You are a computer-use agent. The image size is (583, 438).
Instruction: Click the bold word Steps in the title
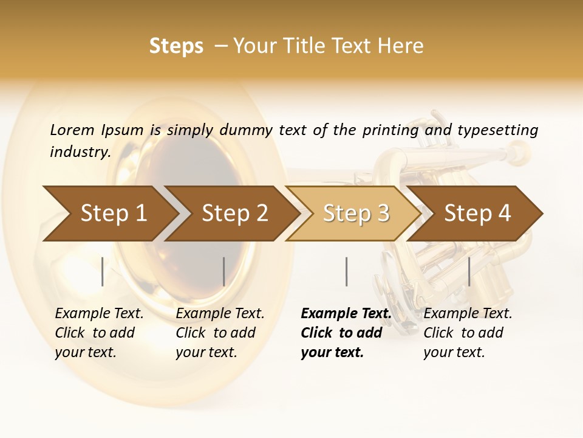click(x=176, y=46)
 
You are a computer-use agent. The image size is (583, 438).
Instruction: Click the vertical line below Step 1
click(x=103, y=271)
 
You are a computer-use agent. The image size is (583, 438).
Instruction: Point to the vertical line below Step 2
click(x=224, y=271)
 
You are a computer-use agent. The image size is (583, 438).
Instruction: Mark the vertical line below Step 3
click(x=346, y=271)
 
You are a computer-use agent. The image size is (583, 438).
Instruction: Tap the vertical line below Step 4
click(x=469, y=271)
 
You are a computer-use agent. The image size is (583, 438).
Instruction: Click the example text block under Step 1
click(x=99, y=333)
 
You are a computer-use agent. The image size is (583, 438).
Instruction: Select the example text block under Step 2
click(x=220, y=333)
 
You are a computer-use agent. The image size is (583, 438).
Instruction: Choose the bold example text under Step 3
click(x=346, y=333)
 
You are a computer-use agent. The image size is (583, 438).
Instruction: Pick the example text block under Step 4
click(x=468, y=333)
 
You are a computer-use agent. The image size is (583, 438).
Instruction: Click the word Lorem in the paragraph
click(x=72, y=130)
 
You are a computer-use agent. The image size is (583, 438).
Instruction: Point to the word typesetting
click(x=497, y=130)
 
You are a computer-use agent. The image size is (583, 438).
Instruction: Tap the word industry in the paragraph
click(x=80, y=151)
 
